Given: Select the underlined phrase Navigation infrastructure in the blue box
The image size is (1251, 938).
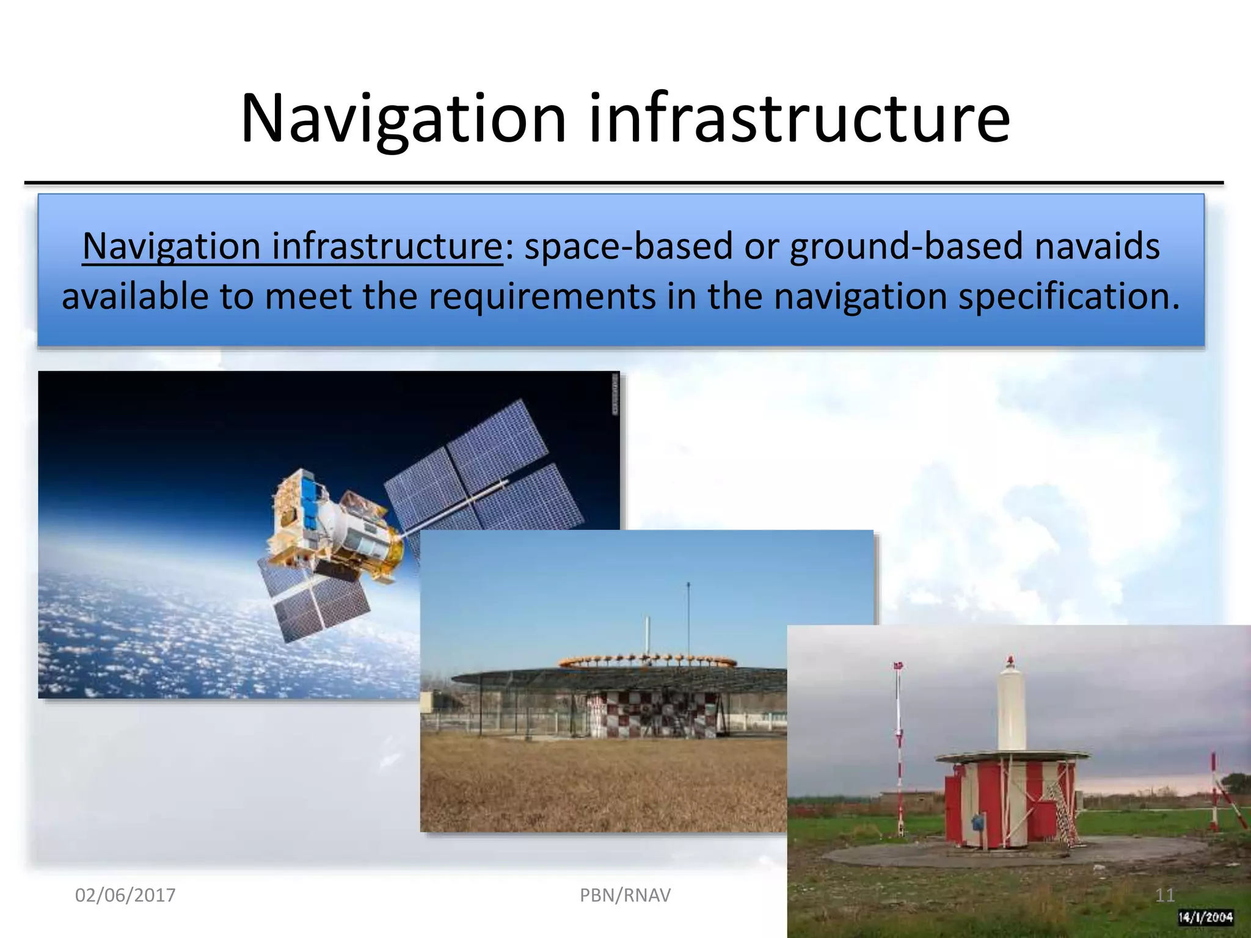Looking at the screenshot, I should (x=292, y=247).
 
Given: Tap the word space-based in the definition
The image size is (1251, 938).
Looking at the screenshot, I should (x=628, y=247).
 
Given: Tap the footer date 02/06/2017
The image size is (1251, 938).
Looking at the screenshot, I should (x=125, y=895).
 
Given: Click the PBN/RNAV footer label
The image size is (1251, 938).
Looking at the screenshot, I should (x=625, y=895).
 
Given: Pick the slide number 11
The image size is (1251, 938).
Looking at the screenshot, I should (x=1165, y=895).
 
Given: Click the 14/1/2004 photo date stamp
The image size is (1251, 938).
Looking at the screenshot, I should (x=1205, y=917).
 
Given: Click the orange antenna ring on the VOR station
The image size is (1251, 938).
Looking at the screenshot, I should (x=647, y=661).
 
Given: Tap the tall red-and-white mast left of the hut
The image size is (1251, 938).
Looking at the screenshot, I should (x=899, y=751).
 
